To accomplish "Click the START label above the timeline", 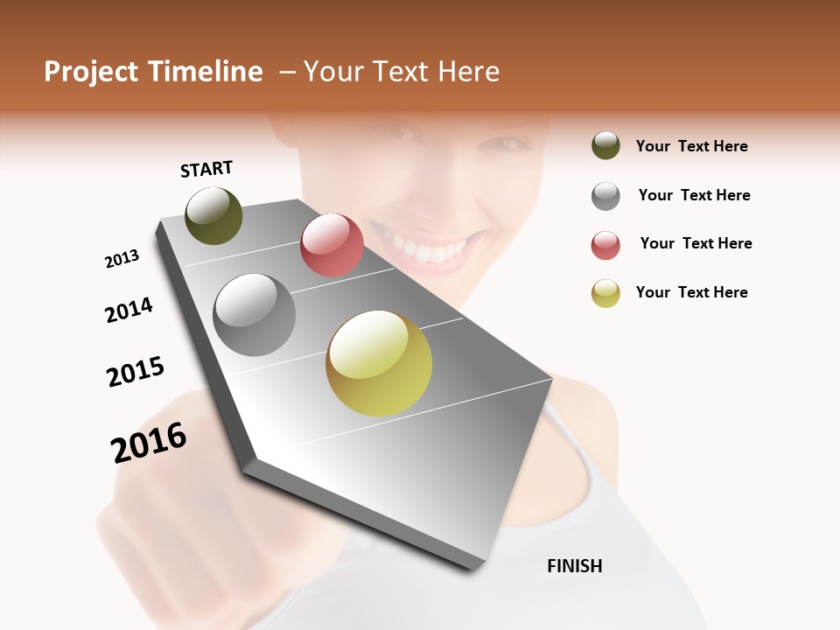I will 206,169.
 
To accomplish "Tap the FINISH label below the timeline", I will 574,566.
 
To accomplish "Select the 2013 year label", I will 122,259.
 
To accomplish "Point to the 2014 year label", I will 129,310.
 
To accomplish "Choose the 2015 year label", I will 136,372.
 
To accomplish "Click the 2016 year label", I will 149,443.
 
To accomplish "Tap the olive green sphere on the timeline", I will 213,215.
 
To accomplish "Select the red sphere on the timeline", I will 332,245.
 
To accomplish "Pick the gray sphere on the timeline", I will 255,315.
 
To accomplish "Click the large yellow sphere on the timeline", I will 379,363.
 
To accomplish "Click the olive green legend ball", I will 605,146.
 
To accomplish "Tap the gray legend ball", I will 605,196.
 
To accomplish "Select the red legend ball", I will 605,245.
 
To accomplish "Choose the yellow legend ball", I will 605,293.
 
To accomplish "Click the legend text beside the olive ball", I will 691,147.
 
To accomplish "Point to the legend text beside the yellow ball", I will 691,292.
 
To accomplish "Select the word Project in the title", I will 91,72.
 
